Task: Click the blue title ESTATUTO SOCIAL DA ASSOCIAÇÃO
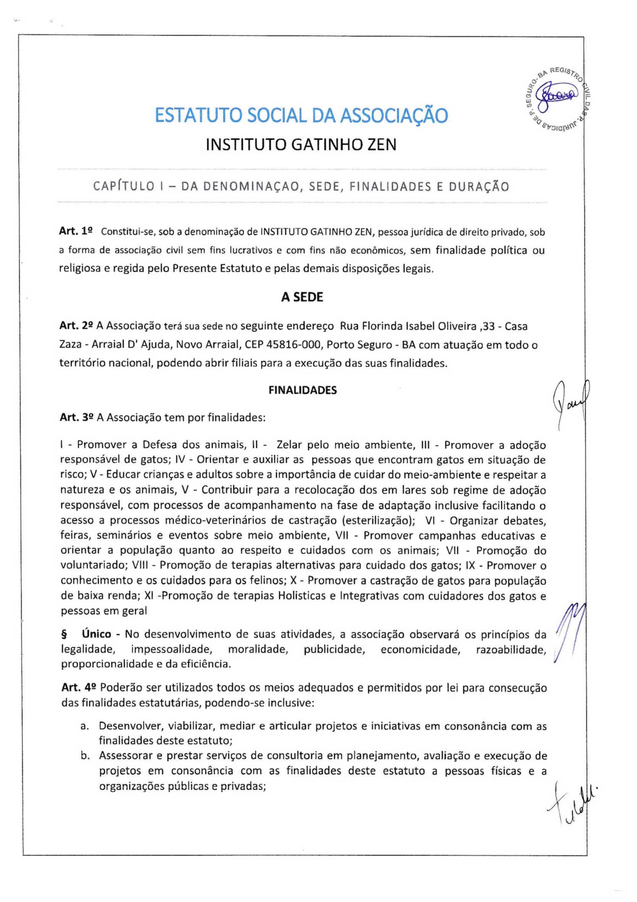tap(301, 115)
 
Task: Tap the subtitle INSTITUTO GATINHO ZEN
tap(301, 145)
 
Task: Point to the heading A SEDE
tap(302, 297)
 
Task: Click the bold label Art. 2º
tap(76, 326)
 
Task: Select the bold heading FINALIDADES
tap(302, 390)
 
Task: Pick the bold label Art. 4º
tap(79, 687)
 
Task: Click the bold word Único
tap(96, 634)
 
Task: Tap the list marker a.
tap(85, 726)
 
